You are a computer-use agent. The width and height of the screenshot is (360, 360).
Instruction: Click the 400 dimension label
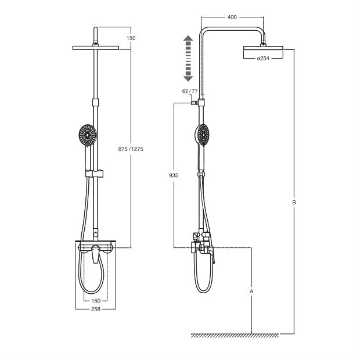coord(232,17)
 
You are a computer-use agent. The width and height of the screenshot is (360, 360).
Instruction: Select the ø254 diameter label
coord(263,58)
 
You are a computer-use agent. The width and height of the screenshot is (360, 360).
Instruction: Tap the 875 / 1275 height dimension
coord(131,149)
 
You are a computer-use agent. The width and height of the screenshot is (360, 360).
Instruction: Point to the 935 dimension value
coord(174,175)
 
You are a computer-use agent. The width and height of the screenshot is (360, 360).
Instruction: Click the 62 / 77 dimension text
coord(190,91)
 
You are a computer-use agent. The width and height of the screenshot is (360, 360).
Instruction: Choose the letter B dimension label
coord(294,203)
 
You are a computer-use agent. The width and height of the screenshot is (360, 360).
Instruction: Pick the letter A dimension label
coord(251,291)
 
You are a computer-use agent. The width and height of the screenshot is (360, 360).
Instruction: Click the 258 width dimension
coord(96,309)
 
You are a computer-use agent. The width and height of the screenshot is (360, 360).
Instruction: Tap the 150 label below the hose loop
coord(96,301)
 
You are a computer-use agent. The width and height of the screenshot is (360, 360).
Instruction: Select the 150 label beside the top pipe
coord(131,38)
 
